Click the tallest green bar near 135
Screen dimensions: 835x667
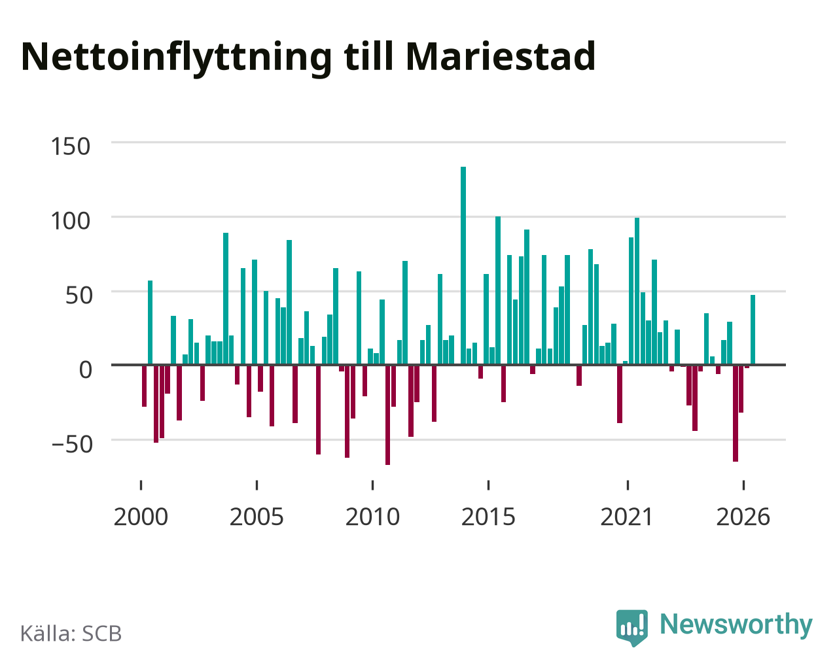[x=463, y=265]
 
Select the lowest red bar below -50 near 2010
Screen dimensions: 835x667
[x=387, y=415]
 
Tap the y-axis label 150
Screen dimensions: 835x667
[x=70, y=146]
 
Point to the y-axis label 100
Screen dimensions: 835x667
[x=70, y=222]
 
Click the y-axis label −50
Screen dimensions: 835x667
[x=72, y=445]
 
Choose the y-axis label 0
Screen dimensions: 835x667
[x=86, y=369]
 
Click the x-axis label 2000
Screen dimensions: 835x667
[x=141, y=517]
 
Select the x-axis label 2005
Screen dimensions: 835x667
[x=257, y=517]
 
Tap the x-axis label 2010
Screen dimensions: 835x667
[x=372, y=517]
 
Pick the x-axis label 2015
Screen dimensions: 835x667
[x=488, y=517]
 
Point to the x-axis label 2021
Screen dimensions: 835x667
[x=627, y=517]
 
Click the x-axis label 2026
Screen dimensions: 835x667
[x=743, y=517]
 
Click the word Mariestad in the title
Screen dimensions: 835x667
[x=501, y=56]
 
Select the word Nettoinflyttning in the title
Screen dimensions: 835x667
[x=177, y=59]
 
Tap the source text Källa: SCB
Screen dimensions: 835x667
[x=71, y=634]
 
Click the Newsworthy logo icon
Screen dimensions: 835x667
[x=632, y=627]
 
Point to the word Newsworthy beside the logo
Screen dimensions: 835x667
[x=736, y=624]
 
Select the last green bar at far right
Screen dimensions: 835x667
[x=753, y=330]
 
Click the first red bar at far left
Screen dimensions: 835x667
[x=145, y=386]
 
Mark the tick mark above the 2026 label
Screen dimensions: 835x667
[x=743, y=485]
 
